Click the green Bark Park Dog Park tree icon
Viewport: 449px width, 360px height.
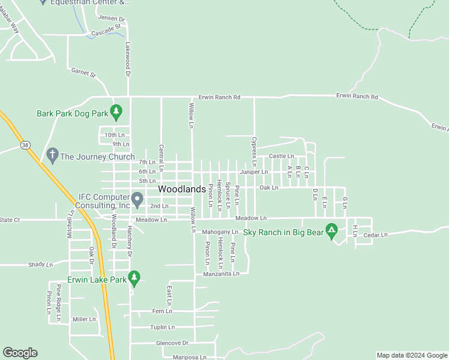pyautogui.click(x=116, y=111)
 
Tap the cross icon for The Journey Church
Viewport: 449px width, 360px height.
pyautogui.click(x=52, y=156)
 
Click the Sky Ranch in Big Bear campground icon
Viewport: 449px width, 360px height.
pyautogui.click(x=331, y=232)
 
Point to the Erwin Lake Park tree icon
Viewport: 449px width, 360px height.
pyautogui.click(x=135, y=278)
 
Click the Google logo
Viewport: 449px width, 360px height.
pyautogui.click(x=20, y=353)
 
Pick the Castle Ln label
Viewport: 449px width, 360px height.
pyautogui.click(x=281, y=156)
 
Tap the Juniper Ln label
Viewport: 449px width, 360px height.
pyautogui.click(x=254, y=172)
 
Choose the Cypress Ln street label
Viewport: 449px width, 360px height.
pyautogui.click(x=254, y=152)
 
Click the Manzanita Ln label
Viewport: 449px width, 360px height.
pyautogui.click(x=221, y=274)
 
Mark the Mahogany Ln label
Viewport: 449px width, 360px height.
pyautogui.click(x=220, y=232)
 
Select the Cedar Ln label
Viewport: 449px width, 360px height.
pyautogui.click(x=376, y=235)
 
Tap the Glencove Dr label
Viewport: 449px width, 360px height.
pyautogui.click(x=172, y=343)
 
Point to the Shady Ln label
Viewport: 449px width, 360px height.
pyautogui.click(x=41, y=264)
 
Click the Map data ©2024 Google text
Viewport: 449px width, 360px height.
pyautogui.click(x=411, y=355)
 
